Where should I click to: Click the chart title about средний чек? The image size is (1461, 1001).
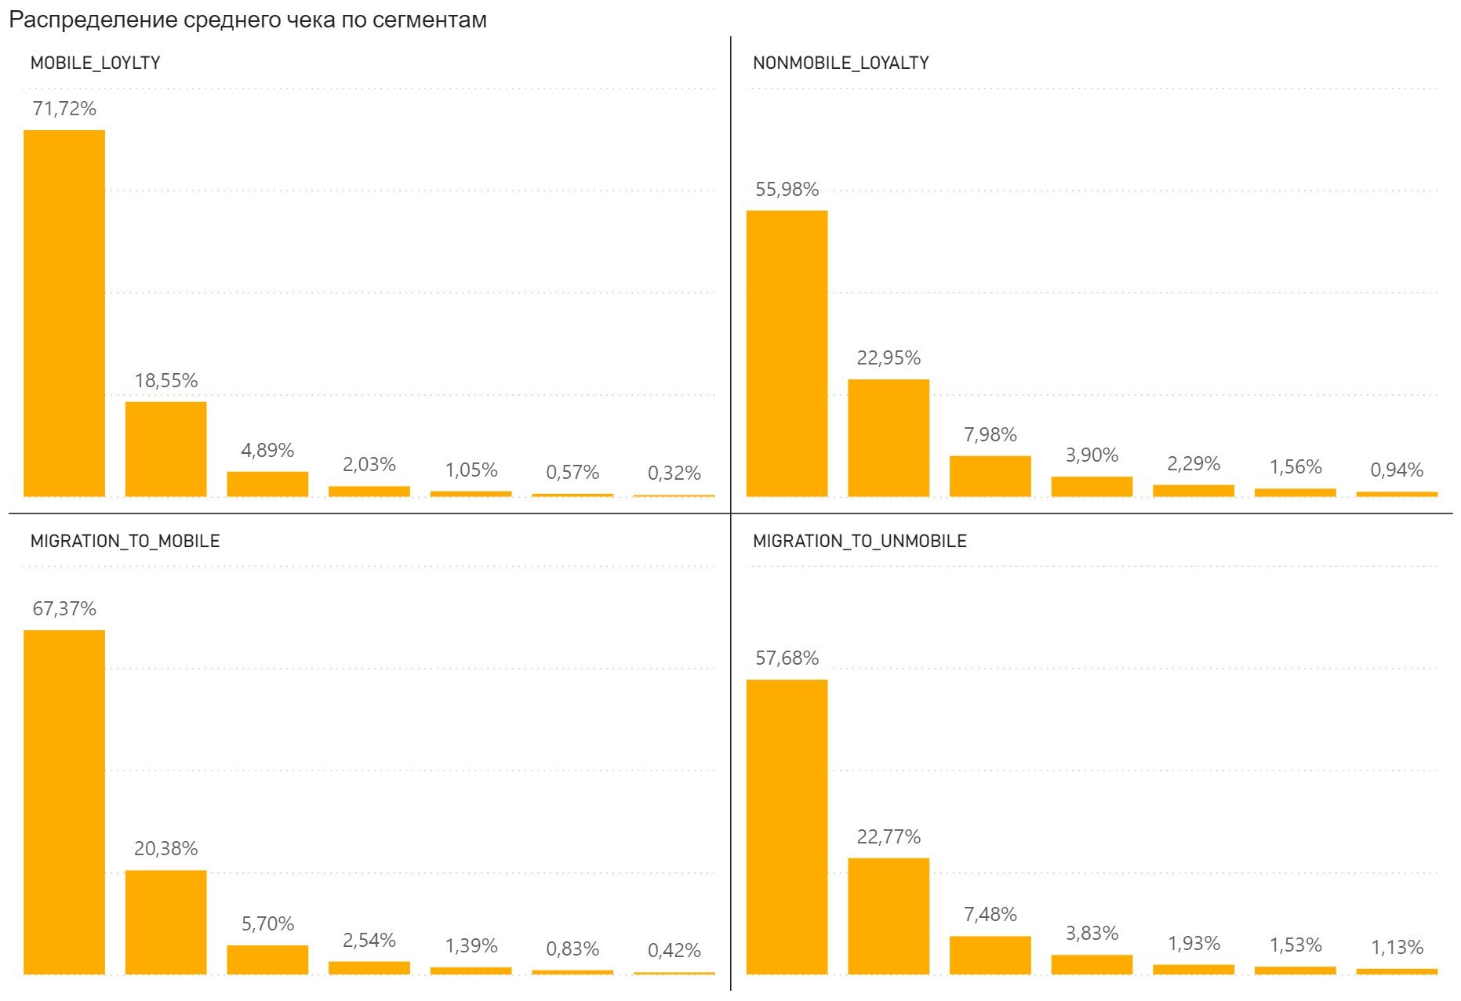(247, 20)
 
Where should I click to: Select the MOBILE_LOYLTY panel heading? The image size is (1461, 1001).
(95, 63)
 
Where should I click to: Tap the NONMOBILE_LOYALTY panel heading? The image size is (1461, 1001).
(841, 63)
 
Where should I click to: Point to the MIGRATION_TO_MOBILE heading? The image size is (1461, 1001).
(125, 542)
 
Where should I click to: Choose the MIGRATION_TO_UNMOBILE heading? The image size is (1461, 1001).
(860, 542)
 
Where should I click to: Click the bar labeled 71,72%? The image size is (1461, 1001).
(64, 314)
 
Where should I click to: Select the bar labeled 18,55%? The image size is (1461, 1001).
(166, 449)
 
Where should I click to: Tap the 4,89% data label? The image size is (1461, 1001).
(267, 451)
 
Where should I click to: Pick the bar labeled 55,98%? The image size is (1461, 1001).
(787, 354)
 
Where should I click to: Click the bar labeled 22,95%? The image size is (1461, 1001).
(889, 438)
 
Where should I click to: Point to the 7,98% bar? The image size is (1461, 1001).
(990, 476)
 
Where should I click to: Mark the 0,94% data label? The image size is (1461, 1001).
(1397, 470)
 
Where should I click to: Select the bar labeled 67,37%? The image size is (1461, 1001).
(64, 802)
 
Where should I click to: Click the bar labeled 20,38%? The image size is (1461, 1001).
(166, 922)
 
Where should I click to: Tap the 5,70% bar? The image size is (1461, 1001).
(267, 959)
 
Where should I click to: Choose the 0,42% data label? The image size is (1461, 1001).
(674, 951)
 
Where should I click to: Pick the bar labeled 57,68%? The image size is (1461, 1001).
(787, 827)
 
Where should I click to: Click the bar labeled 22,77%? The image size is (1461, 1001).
(889, 916)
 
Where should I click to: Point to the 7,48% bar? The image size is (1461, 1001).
(990, 955)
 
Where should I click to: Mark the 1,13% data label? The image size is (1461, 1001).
(1397, 948)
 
